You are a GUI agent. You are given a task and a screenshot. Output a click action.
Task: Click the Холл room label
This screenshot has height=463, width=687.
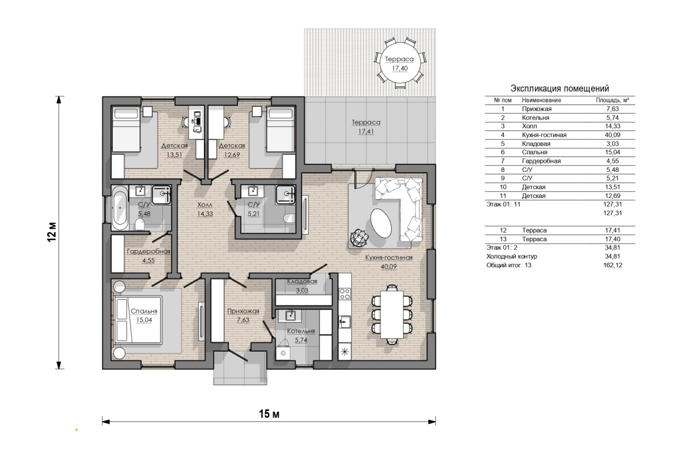coord(205,205)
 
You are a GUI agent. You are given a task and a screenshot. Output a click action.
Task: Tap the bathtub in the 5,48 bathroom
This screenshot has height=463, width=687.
coord(120,208)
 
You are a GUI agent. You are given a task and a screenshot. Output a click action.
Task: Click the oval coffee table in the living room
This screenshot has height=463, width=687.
coord(381,223)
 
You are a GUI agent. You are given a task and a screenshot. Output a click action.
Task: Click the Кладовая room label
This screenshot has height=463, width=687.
coord(302,281)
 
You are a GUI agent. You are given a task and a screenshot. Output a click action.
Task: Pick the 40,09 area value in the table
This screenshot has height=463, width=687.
coord(612,135)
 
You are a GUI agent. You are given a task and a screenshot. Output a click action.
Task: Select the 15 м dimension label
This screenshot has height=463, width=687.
coord(269,413)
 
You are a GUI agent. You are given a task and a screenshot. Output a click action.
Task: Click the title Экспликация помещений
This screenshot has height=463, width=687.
coord(560,88)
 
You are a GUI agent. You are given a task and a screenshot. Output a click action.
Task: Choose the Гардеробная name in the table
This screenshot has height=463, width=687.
coord(541,161)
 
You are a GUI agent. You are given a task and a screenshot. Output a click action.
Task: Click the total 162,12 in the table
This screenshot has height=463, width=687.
coord(612,265)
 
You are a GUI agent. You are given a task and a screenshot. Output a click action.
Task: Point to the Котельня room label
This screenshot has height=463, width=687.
coord(301,331)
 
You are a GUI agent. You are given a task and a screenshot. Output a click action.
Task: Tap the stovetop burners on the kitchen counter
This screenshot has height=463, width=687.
coord(345,293)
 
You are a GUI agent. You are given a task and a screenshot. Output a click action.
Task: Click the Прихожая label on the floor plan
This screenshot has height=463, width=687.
coord(243,311)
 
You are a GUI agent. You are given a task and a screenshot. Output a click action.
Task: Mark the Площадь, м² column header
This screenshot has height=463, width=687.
coord(612,100)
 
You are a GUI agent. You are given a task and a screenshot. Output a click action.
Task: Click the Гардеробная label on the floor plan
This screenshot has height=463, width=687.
coord(148,252)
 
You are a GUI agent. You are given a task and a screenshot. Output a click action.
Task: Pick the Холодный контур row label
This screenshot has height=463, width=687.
coord(512,256)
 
